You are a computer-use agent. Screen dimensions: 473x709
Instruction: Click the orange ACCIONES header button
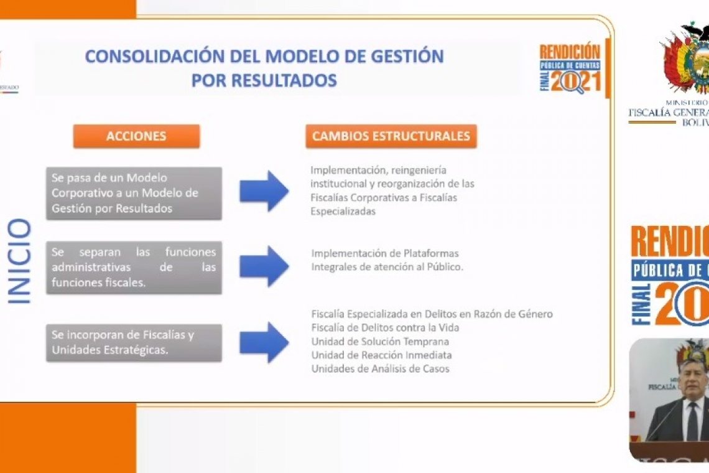pos(136,136)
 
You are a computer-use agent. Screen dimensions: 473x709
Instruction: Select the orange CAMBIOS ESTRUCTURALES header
pos(391,136)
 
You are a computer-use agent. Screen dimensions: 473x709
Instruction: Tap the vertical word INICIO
pos(19,261)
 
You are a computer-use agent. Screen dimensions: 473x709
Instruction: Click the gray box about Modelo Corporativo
pos(134,193)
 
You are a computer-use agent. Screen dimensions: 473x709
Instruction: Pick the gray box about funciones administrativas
pos(134,268)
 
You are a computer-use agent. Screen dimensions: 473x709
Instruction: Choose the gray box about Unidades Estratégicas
pos(134,342)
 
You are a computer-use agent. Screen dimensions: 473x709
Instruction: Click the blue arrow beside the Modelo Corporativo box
pos(264,191)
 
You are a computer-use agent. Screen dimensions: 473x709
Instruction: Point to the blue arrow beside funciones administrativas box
pos(264,266)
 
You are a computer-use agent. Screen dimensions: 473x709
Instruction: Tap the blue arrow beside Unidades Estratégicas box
pos(264,342)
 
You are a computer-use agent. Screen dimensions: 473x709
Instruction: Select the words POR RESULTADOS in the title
pos(264,80)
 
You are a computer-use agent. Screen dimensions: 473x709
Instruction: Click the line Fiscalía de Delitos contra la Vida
pos(385,327)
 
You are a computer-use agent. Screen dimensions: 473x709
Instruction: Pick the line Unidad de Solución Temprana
pos(380,341)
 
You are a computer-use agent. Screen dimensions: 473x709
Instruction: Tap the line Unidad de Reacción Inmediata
pos(381,355)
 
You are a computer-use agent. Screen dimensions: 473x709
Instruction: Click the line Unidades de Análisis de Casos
pos(380,368)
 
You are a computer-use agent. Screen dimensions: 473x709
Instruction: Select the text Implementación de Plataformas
pos(385,253)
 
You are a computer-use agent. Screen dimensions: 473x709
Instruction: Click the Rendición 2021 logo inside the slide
pos(570,68)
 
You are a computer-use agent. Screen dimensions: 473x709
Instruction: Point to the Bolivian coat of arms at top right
pos(687,59)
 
